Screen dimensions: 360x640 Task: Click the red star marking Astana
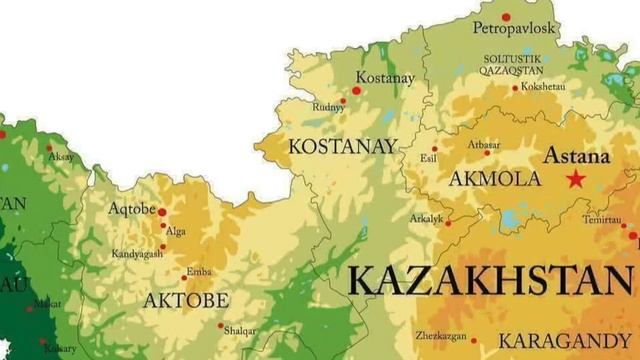(x=576, y=179)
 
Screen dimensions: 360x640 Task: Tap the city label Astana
(x=576, y=157)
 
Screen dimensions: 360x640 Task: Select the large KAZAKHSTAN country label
(x=490, y=280)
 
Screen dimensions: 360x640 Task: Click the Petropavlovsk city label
(x=515, y=28)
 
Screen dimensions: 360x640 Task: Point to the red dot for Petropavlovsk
(x=506, y=17)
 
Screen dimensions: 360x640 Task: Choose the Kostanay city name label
(x=384, y=78)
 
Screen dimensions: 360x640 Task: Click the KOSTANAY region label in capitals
(x=342, y=146)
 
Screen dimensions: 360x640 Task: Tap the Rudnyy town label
(x=327, y=107)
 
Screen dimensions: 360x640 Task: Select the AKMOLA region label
(x=495, y=179)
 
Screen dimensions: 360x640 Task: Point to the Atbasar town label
(x=484, y=142)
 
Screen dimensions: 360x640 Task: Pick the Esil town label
(x=428, y=158)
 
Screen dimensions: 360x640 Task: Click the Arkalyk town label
(x=426, y=218)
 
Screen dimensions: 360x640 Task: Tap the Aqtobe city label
(x=131, y=209)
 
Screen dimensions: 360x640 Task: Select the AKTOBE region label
(x=186, y=300)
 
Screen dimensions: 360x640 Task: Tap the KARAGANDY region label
(x=565, y=340)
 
